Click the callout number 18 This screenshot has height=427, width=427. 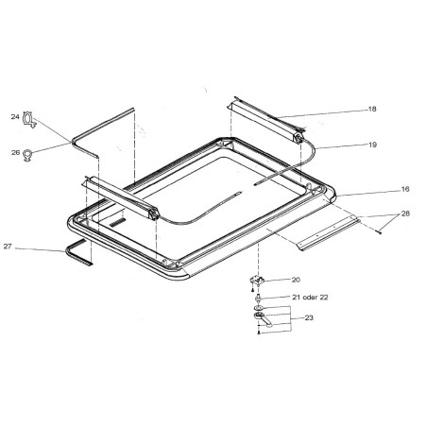point(372,109)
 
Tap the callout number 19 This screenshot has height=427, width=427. point(372,145)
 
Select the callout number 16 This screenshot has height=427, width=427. point(405,189)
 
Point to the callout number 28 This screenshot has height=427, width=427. point(405,213)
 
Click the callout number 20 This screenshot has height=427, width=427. point(296,280)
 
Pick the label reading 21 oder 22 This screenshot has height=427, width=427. point(310,298)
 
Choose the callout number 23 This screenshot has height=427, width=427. point(309,317)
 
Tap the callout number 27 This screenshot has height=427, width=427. point(8,247)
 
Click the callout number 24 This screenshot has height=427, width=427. point(15,117)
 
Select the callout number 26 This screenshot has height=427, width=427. point(16,152)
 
